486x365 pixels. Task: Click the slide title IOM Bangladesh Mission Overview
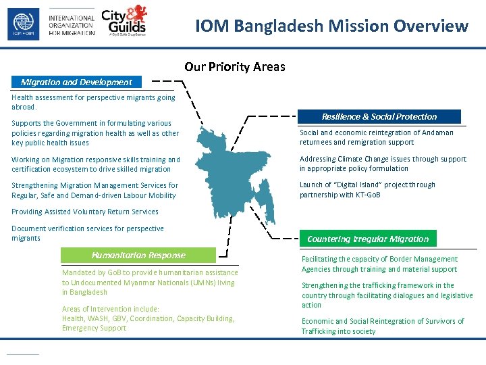tap(331, 26)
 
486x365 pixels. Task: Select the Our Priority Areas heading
tap(235, 67)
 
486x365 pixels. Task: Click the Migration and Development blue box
tap(76, 82)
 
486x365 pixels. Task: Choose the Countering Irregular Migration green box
tap(368, 239)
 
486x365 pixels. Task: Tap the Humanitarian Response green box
tap(138, 255)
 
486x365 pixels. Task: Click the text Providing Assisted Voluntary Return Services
tap(85, 212)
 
